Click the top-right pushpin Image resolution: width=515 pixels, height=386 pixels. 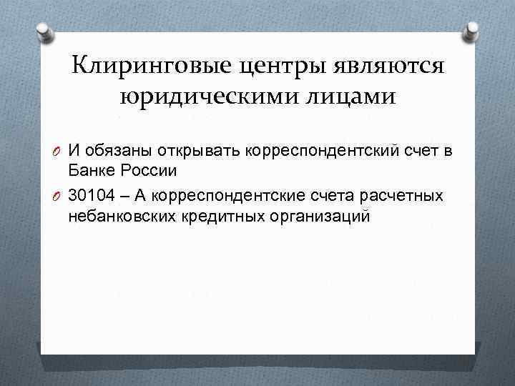(x=471, y=31)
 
